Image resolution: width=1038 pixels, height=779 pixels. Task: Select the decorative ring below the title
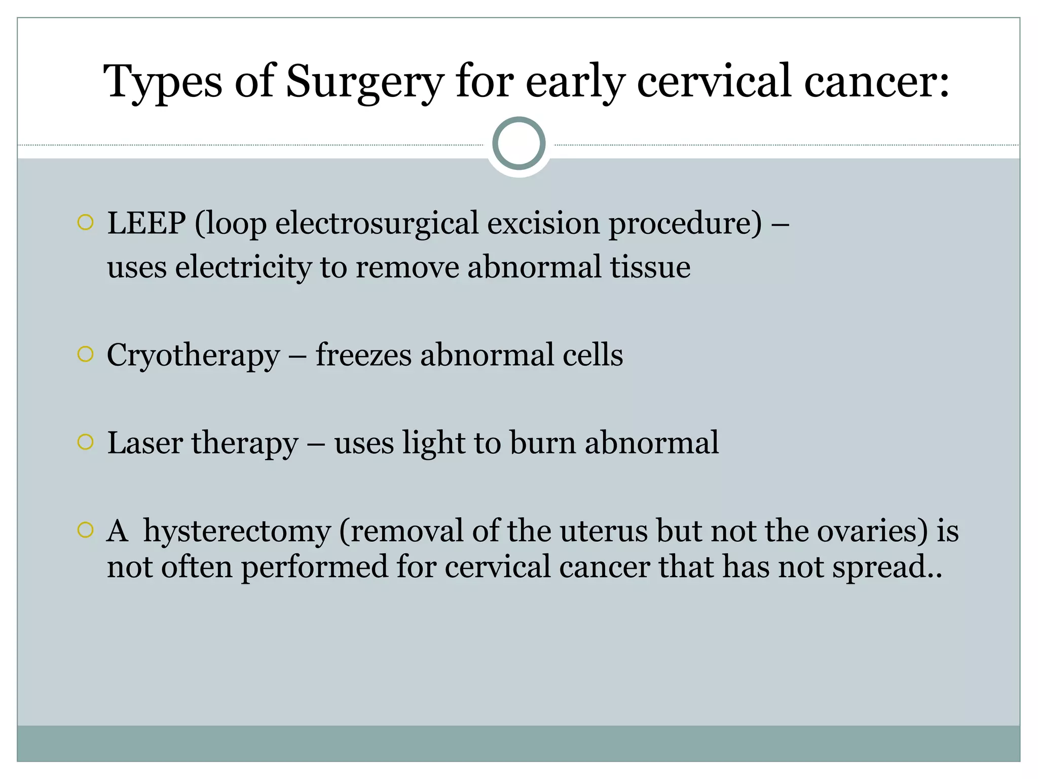pyautogui.click(x=518, y=144)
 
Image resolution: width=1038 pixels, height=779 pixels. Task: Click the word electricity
pyautogui.click(x=243, y=267)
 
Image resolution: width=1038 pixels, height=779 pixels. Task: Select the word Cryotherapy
pyautogui.click(x=193, y=355)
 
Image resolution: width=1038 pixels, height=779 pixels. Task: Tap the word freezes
pyautogui.click(x=363, y=355)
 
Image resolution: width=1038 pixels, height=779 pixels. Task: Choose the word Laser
pyautogui.click(x=145, y=443)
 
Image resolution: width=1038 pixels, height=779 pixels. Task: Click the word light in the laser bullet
pyautogui.click(x=433, y=443)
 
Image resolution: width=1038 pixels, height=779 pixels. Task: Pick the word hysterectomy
pyautogui.click(x=237, y=531)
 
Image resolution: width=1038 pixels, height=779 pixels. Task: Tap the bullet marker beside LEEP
pyautogui.click(x=86, y=222)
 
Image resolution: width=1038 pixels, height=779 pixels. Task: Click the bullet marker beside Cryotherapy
pyautogui.click(x=86, y=354)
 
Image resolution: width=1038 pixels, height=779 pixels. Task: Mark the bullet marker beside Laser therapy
pyautogui.click(x=86, y=442)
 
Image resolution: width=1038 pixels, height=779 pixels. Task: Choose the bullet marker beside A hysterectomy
pyautogui.click(x=86, y=530)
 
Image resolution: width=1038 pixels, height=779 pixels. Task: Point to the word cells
pyautogui.click(x=592, y=355)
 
